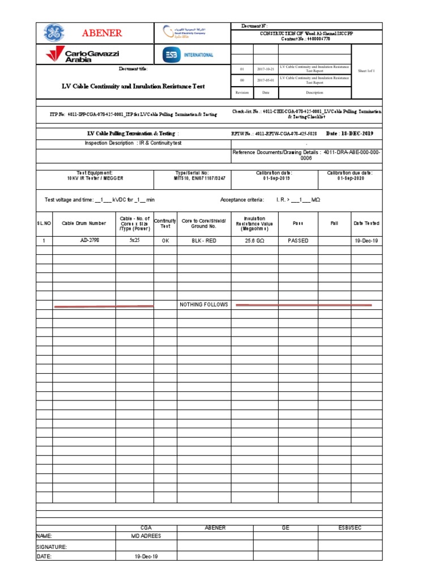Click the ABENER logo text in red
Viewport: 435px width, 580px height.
tap(102, 33)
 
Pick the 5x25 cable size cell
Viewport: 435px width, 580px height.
tap(134, 241)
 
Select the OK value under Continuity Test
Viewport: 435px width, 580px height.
tap(165, 241)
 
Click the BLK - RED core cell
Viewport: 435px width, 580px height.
tap(204, 241)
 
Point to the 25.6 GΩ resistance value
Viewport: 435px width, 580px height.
tap(254, 241)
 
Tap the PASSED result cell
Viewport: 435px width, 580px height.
tap(298, 241)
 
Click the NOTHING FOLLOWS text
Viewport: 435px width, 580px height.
tap(204, 305)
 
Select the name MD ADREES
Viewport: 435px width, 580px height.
tap(146, 536)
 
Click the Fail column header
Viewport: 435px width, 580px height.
tap(334, 224)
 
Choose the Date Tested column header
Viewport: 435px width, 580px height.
tap(366, 224)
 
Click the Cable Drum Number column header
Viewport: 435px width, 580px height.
tap(84, 224)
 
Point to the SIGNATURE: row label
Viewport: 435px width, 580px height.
tap(52, 547)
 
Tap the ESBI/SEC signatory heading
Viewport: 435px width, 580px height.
tap(349, 528)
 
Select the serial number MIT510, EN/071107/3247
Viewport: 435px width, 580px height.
tap(192, 178)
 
